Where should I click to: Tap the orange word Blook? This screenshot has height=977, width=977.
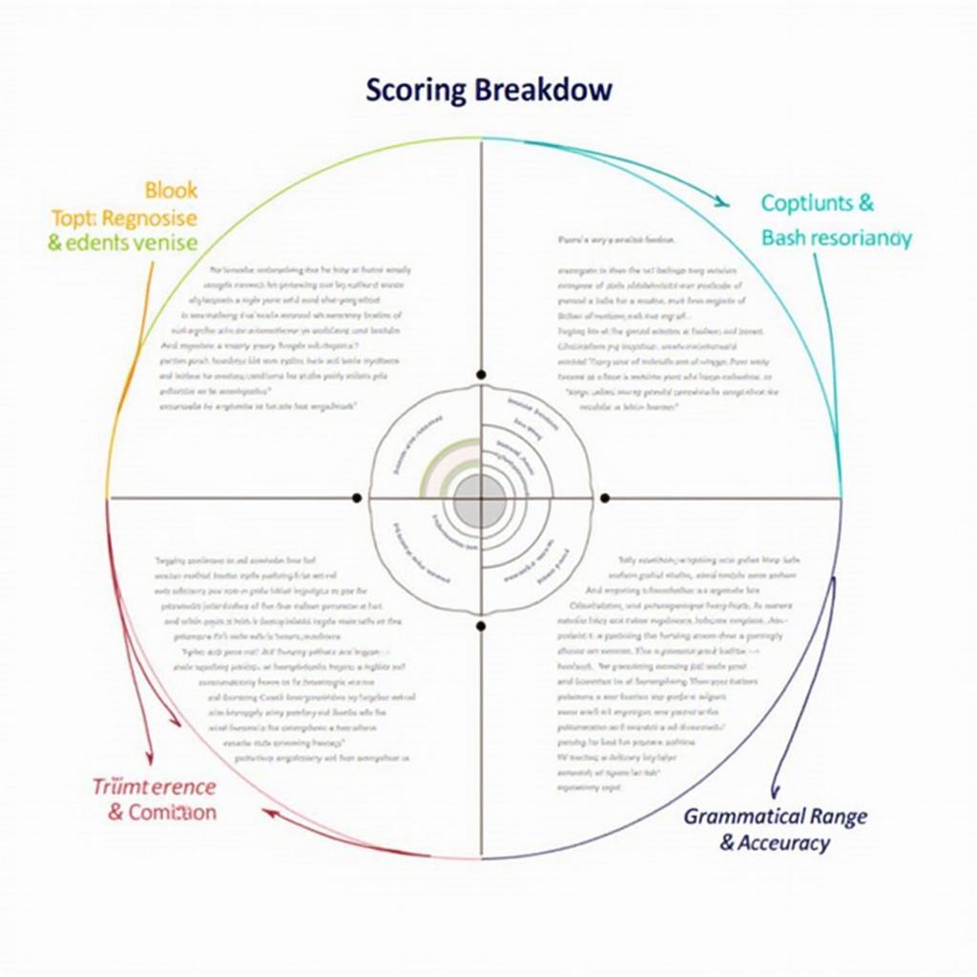tap(172, 190)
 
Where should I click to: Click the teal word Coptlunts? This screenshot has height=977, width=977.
tap(805, 203)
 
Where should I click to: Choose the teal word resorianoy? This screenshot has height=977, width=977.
tap(862, 238)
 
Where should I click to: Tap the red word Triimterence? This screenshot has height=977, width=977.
tap(155, 787)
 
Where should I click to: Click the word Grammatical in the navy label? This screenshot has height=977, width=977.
tap(745, 817)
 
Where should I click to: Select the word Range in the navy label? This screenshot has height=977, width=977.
tap(839, 817)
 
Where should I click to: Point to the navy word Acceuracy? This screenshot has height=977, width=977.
tap(786, 842)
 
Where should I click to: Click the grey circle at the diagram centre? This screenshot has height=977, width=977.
tap(480, 500)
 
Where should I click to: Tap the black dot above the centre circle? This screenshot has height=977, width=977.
tap(481, 375)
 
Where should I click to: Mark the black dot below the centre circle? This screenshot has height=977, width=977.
tap(481, 626)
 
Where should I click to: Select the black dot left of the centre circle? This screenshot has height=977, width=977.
tap(357, 498)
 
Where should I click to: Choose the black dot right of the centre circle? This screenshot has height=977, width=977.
tap(603, 498)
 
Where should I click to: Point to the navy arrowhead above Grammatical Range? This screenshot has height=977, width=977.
tap(775, 791)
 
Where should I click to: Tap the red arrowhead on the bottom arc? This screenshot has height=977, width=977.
tap(271, 813)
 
